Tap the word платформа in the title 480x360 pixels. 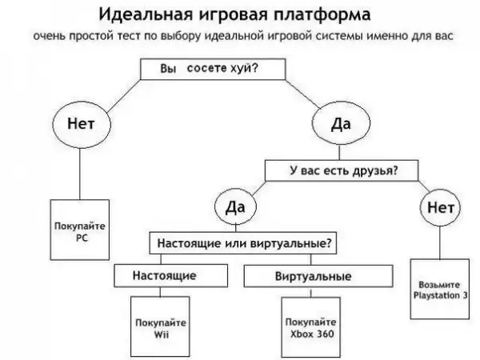pyautogui.click(x=328, y=16)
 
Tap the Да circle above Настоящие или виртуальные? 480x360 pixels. pyautogui.click(x=234, y=208)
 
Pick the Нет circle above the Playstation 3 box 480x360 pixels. pyautogui.click(x=442, y=208)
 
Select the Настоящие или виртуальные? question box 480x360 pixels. pyautogui.click(x=244, y=241)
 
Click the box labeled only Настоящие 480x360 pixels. pyautogui.click(x=168, y=275)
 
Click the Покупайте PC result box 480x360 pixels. pyautogui.click(x=80, y=233)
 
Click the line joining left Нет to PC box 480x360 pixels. pyautogui.click(x=80, y=176)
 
